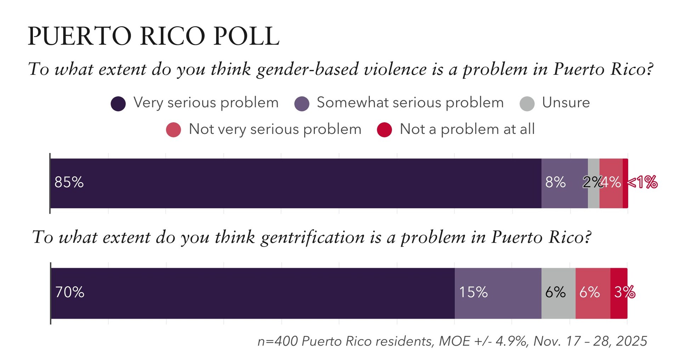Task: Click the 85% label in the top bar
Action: pyautogui.click(x=69, y=182)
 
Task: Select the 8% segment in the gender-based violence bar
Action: pyautogui.click(x=564, y=183)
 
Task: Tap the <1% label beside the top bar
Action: pyautogui.click(x=642, y=182)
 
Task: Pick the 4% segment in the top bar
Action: pyautogui.click(x=611, y=183)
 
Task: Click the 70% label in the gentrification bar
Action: pyautogui.click(x=70, y=292)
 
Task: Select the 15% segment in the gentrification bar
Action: pyautogui.click(x=498, y=293)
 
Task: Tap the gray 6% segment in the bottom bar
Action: pyautogui.click(x=558, y=293)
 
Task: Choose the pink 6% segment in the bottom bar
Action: pyautogui.click(x=592, y=293)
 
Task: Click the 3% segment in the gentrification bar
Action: pyautogui.click(x=619, y=293)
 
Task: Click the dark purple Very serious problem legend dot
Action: pyautogui.click(x=118, y=104)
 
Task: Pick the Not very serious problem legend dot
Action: pyautogui.click(x=174, y=130)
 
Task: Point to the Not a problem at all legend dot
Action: pyautogui.click(x=384, y=130)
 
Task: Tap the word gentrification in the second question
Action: pyautogui.click(x=313, y=237)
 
